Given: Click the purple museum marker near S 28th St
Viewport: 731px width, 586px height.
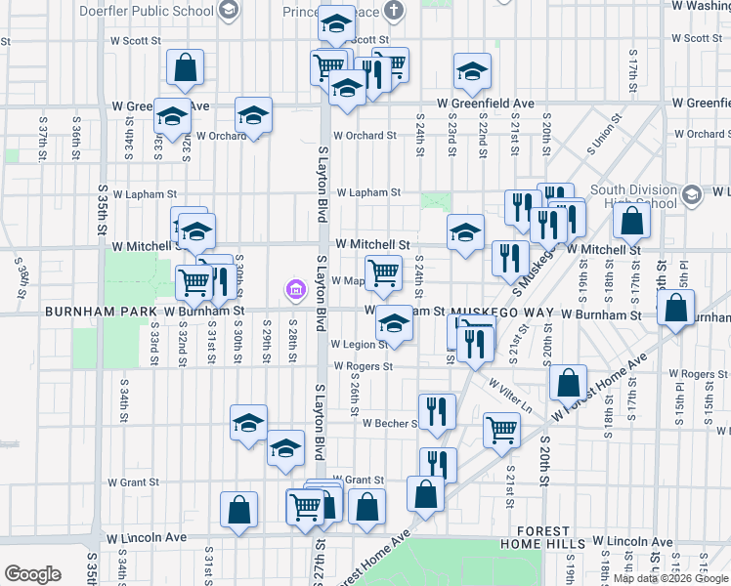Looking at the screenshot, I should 294,290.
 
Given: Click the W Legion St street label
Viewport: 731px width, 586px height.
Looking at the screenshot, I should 360,345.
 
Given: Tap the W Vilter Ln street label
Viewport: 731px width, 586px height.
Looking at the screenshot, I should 510,394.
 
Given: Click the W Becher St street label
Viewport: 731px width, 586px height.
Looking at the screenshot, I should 390,424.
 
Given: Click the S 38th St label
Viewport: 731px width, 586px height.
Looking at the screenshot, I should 20,275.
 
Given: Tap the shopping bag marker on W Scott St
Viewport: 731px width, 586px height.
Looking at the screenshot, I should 185,68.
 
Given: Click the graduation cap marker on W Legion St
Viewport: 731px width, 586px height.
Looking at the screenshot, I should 394,323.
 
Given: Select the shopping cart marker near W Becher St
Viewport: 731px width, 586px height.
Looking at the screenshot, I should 501,428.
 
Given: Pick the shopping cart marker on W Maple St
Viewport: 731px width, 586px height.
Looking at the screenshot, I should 383,272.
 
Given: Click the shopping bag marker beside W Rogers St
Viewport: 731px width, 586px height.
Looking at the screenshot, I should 568,383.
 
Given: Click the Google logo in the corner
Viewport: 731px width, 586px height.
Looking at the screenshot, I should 32,574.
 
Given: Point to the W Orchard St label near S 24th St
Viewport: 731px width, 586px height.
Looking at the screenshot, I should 364,136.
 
